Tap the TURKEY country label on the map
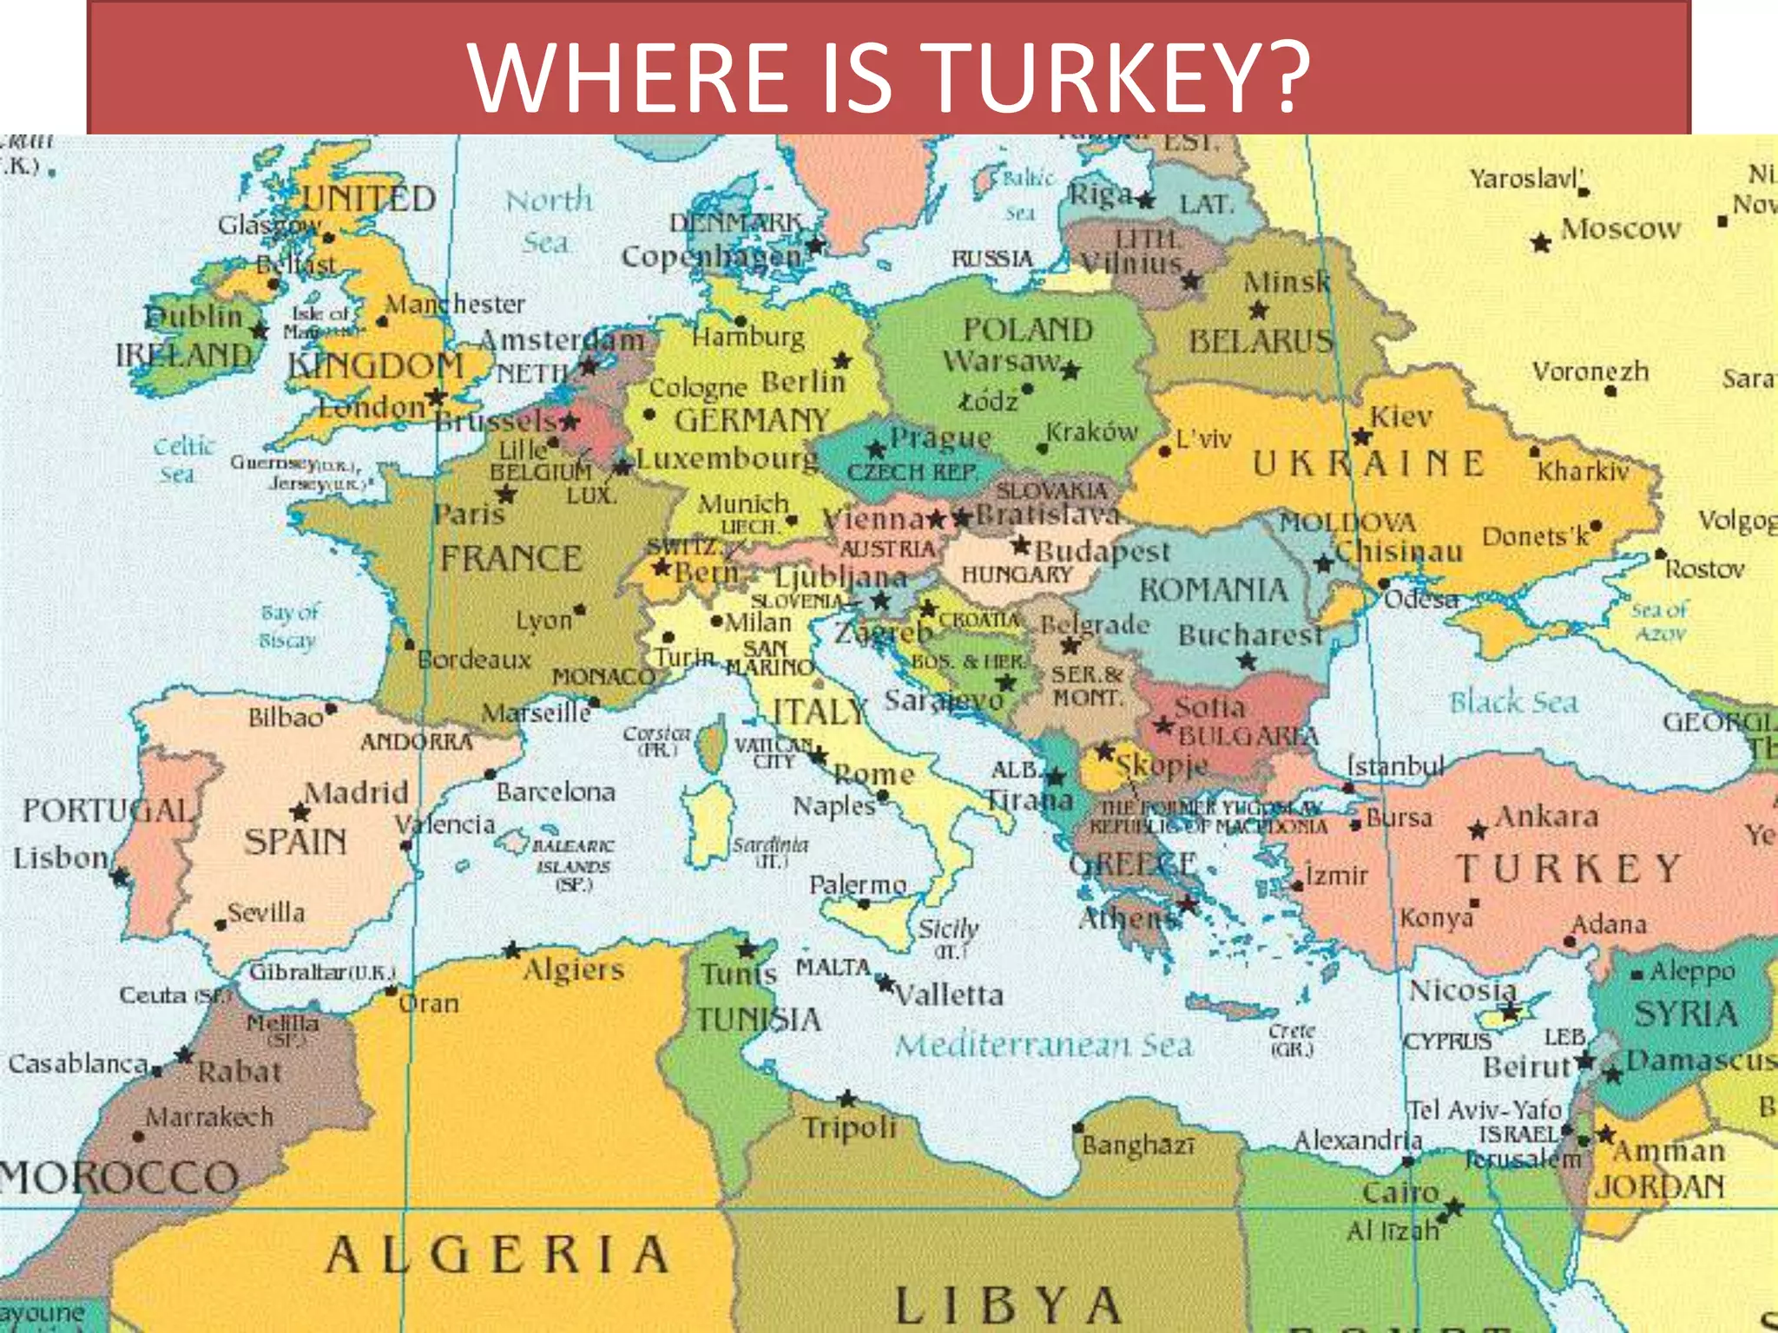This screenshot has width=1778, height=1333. [x=1569, y=869]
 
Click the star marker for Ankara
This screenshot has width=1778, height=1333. [x=1478, y=831]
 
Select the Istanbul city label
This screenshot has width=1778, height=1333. [x=1395, y=766]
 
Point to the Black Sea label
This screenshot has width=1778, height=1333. [x=1514, y=701]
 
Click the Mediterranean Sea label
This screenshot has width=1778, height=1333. [x=1044, y=1045]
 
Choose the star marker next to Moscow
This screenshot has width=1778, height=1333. [x=1541, y=243]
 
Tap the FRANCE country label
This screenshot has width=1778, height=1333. [x=510, y=558]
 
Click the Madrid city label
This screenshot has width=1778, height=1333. [x=356, y=791]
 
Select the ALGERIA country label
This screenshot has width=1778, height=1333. [x=497, y=1255]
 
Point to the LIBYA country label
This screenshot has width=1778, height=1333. [x=1007, y=1304]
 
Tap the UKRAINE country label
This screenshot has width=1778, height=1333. [x=1368, y=464]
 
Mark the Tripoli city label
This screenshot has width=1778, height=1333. [x=849, y=1127]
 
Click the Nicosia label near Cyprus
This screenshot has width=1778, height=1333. [x=1463, y=989]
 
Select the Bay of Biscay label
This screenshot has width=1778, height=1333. [x=289, y=626]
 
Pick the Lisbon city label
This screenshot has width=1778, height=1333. [x=61, y=857]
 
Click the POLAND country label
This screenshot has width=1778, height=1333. [x=1028, y=330]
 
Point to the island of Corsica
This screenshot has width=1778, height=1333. [x=712, y=746]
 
